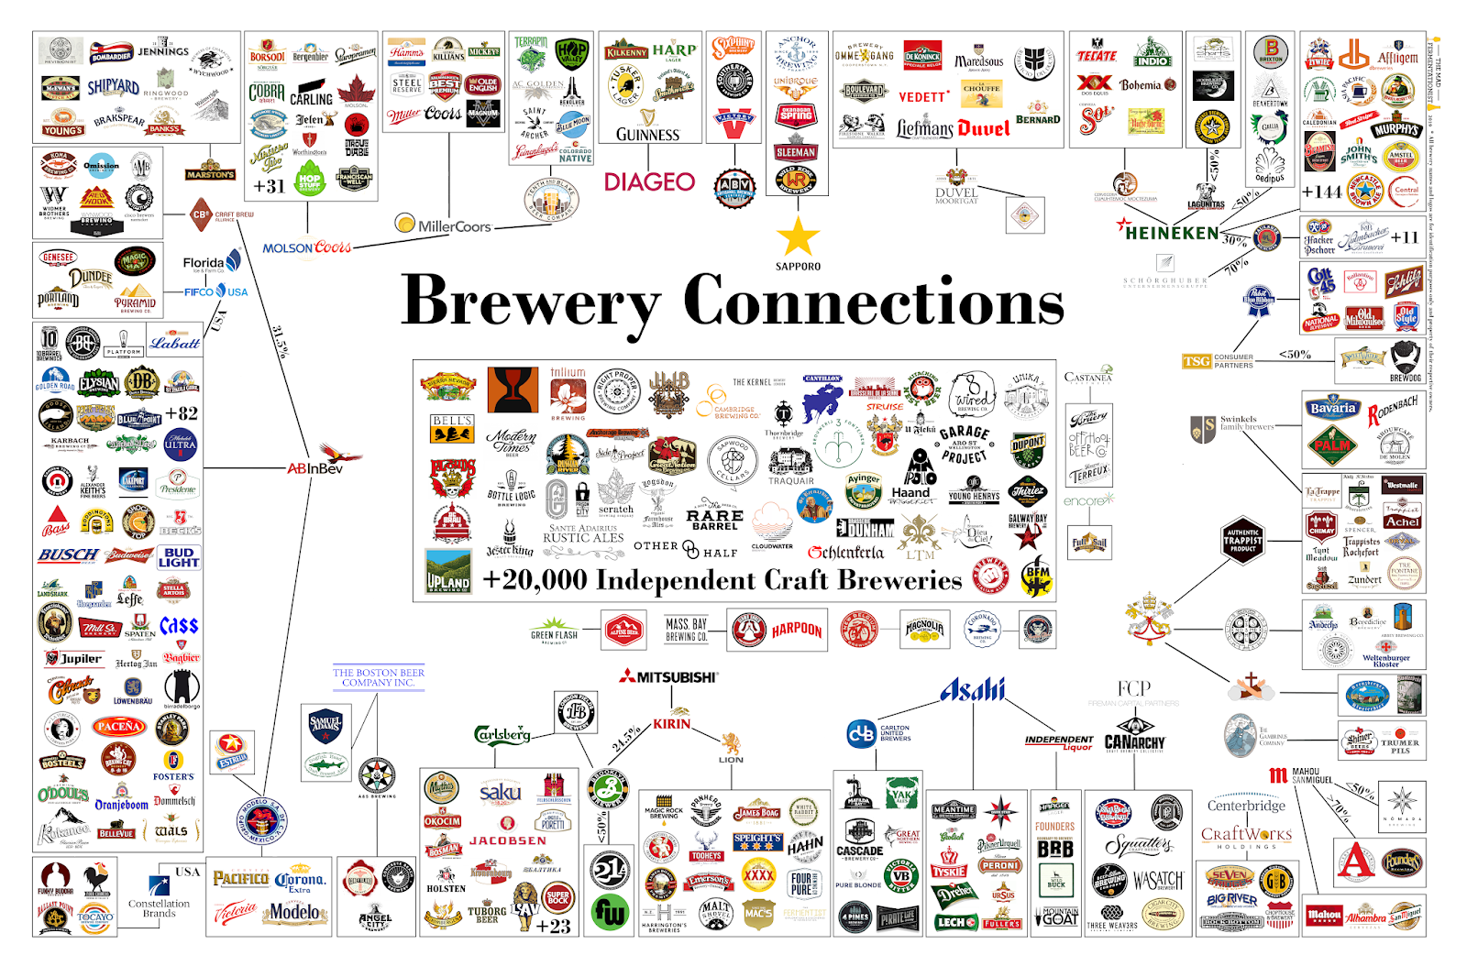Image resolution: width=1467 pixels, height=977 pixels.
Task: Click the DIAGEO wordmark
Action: point(649,181)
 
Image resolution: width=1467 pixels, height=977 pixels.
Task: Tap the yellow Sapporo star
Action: point(798,236)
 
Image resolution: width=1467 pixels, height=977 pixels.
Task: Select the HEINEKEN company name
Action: point(1172,233)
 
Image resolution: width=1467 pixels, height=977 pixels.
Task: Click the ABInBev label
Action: point(315,468)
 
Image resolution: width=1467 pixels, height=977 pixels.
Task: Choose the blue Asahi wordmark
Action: point(972,689)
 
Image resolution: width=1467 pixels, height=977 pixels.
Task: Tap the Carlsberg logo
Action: point(502,734)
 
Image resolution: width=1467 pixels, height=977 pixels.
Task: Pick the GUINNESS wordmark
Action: point(647,135)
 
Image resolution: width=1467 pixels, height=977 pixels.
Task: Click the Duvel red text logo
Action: point(984,128)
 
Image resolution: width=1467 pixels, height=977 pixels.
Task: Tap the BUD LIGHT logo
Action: point(178,557)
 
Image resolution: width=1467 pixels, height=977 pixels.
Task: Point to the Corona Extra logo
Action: point(299,882)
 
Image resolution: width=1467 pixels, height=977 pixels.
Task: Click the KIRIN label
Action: point(672,723)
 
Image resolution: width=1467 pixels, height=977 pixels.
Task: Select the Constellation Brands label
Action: point(159,907)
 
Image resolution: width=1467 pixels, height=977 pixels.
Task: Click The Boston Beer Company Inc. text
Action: point(378,677)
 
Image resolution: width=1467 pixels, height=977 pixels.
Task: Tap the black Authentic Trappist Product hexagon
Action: point(1242,541)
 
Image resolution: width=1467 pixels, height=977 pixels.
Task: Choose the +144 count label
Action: point(1321,192)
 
